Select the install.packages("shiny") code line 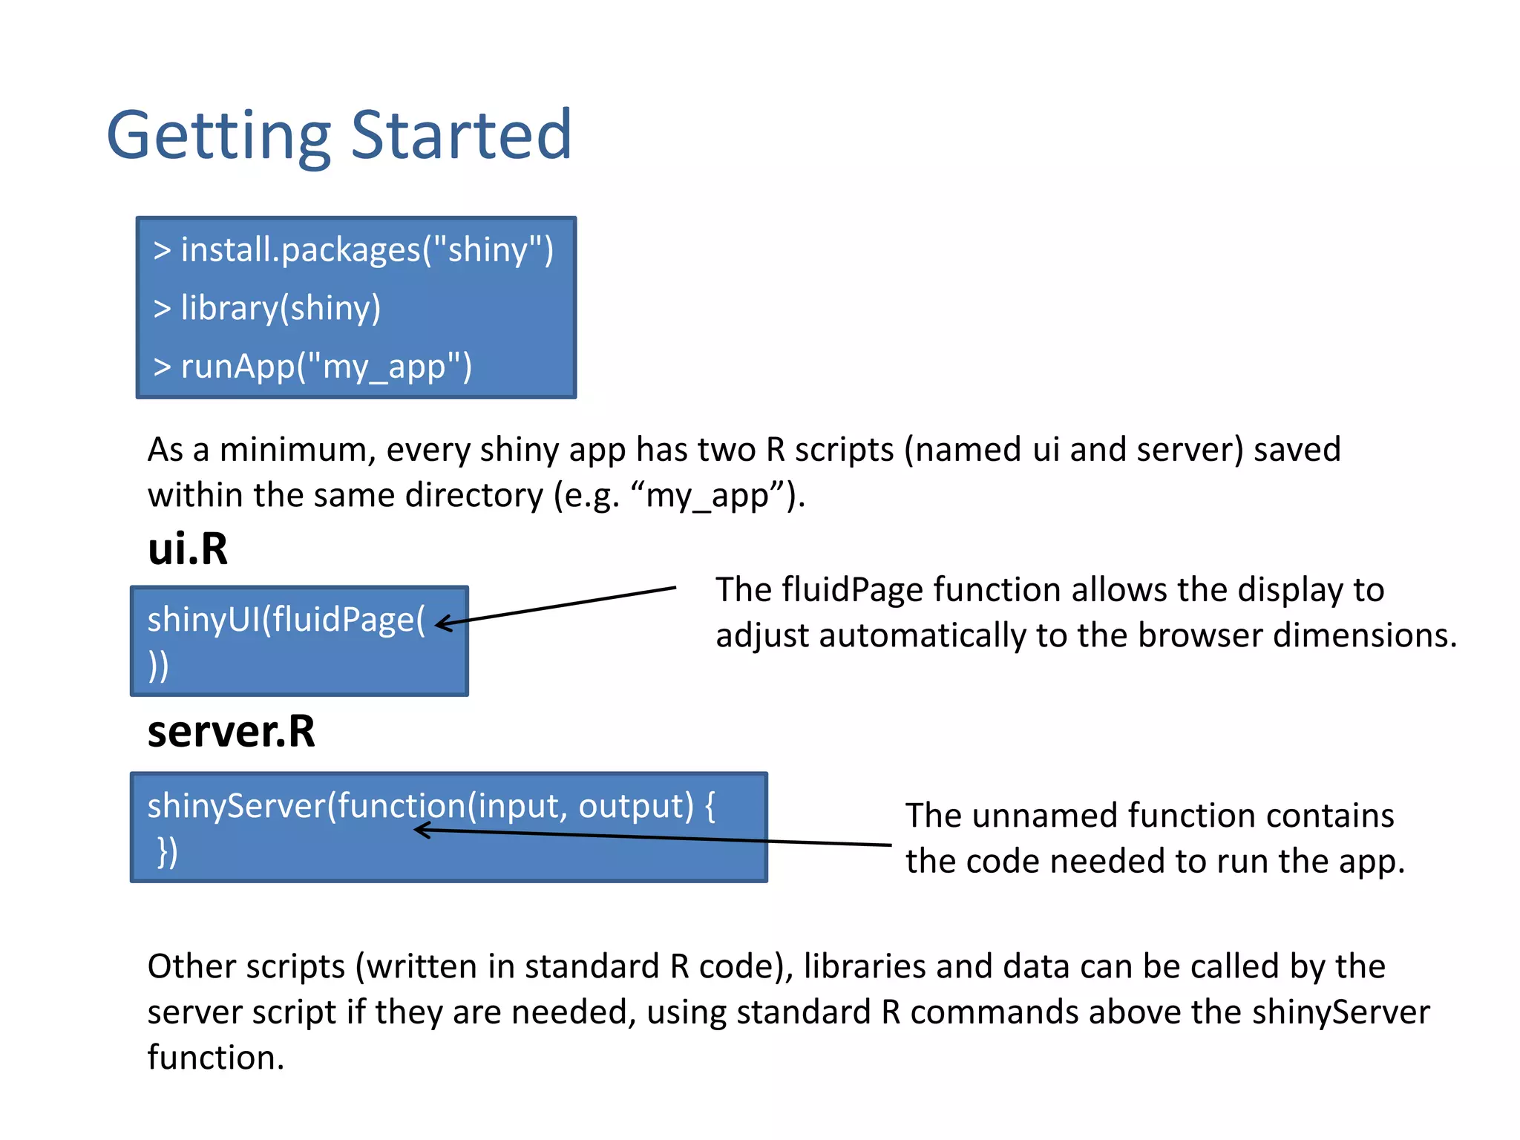(353, 250)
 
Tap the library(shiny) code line (267, 308)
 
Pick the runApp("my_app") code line (312, 367)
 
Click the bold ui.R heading (188, 549)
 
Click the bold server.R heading (231, 732)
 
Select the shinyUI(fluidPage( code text (286, 620)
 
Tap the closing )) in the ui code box (158, 666)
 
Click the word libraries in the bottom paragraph (865, 967)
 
